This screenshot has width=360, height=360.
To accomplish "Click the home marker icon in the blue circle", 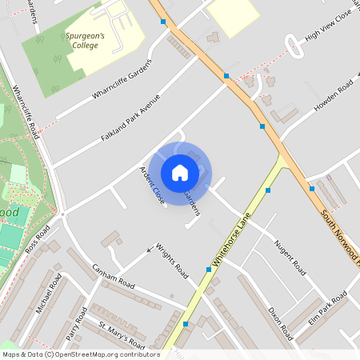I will pos(180,172).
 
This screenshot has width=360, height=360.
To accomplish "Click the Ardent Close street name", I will pos(152,183).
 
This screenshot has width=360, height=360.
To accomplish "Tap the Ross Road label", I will pos(37,239).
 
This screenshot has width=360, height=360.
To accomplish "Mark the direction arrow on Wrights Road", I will pos(151,251).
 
